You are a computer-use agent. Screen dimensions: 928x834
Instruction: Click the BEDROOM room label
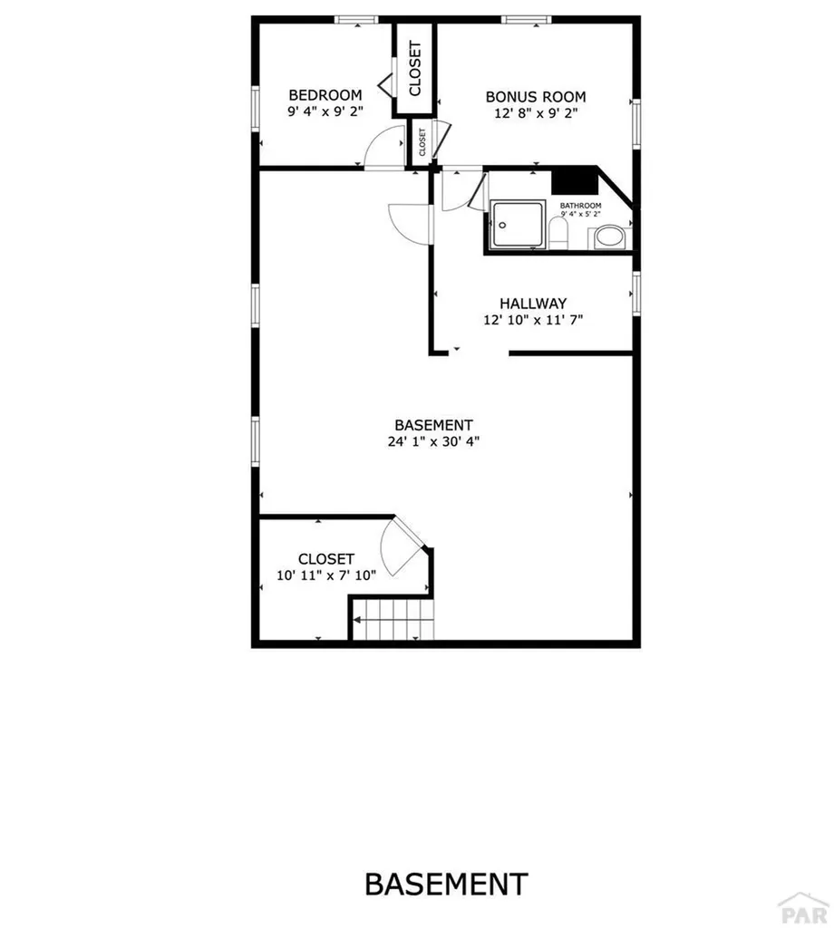pyautogui.click(x=325, y=95)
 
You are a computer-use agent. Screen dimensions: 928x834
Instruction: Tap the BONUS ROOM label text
pyautogui.click(x=535, y=97)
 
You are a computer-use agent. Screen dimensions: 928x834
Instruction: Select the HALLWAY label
pyautogui.click(x=533, y=304)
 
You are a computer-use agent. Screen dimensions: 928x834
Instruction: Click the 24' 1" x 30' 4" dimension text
pyautogui.click(x=433, y=442)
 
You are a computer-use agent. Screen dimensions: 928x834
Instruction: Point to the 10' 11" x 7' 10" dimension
pyautogui.click(x=325, y=575)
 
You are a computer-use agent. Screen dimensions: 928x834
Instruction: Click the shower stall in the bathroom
pyautogui.click(x=519, y=226)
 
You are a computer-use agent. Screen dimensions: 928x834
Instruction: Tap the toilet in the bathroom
pyautogui.click(x=558, y=235)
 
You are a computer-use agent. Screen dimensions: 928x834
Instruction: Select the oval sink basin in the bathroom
pyautogui.click(x=606, y=239)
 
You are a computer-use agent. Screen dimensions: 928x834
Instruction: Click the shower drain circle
pyautogui.click(x=501, y=223)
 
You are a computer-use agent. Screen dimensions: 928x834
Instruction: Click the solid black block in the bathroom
pyautogui.click(x=575, y=180)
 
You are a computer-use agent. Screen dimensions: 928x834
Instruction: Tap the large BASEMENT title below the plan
pyautogui.click(x=446, y=884)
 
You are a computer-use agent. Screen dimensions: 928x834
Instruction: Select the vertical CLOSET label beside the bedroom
pyautogui.click(x=414, y=69)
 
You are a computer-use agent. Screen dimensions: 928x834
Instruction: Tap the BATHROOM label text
pyautogui.click(x=580, y=206)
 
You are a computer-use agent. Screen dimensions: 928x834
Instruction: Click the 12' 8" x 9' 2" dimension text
pyautogui.click(x=536, y=113)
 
